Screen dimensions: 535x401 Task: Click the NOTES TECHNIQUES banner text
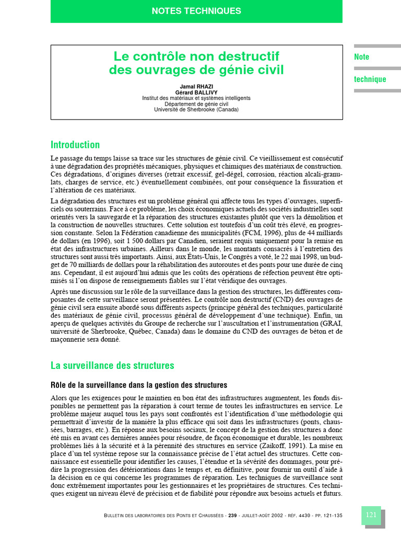pos(196,10)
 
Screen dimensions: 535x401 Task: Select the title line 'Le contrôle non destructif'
pos(196,56)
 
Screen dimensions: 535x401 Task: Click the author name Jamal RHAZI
pos(196,86)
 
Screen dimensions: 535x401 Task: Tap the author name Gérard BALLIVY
pos(196,92)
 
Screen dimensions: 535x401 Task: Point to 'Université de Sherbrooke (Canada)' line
pos(196,110)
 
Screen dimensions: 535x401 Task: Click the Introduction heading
pos(75,145)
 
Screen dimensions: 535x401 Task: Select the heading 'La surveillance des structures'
pos(112,365)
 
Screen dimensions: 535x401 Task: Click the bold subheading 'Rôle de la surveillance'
pos(139,385)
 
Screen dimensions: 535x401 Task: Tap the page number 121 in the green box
pos(371,515)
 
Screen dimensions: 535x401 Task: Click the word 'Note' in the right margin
pos(362,57)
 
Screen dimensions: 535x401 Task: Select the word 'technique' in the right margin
pos(370,79)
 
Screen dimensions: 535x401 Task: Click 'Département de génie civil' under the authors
pos(196,104)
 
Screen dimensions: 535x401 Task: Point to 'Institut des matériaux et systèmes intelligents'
pos(196,98)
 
